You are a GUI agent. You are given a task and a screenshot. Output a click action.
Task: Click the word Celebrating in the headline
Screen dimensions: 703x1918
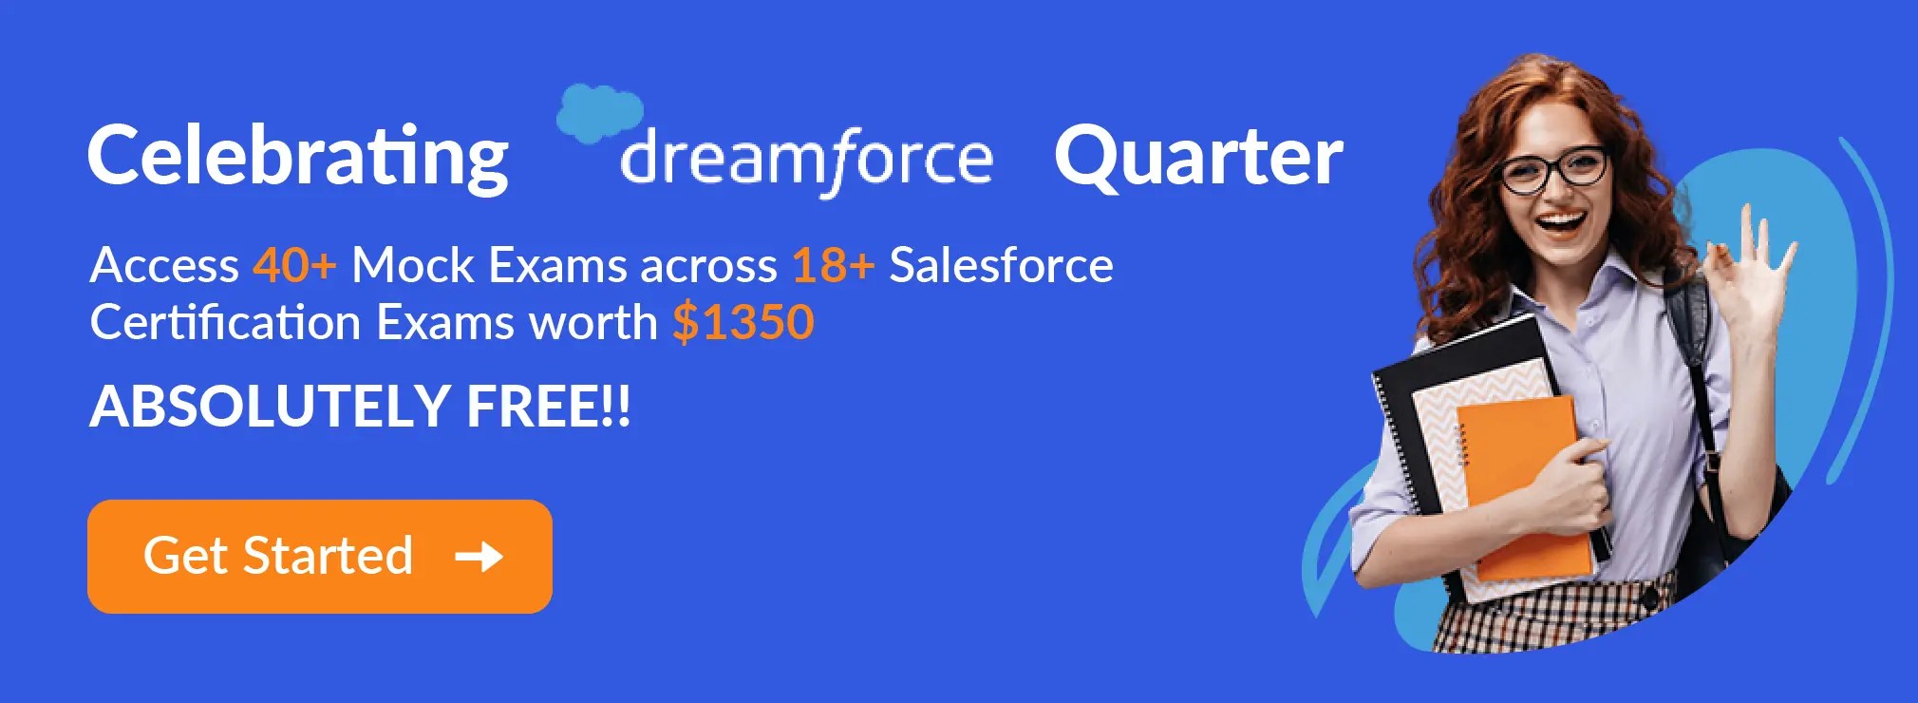coord(298,157)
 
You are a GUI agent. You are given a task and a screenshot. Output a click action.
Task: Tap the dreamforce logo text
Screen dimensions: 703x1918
coord(806,159)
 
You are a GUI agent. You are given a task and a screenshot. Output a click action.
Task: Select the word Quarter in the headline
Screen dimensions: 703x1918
coord(1198,157)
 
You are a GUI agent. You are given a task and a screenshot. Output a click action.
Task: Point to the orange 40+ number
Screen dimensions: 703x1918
coord(294,265)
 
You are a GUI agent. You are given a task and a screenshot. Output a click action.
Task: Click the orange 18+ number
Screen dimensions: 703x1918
coord(833,265)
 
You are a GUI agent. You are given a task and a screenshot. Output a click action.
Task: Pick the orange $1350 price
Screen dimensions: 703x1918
coord(743,323)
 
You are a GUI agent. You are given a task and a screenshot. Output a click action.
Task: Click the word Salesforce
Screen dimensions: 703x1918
coord(1001,265)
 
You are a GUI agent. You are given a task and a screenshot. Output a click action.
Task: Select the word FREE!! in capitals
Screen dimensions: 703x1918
coord(548,407)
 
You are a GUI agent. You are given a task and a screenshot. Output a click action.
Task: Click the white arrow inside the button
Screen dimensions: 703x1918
coord(479,557)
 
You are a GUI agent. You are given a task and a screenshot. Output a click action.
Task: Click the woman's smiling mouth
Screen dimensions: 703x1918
coord(1562,225)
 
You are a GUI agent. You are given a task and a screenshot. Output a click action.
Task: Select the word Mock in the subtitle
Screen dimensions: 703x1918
coord(412,265)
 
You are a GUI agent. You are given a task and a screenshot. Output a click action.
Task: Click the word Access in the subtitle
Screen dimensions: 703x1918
coord(164,265)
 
